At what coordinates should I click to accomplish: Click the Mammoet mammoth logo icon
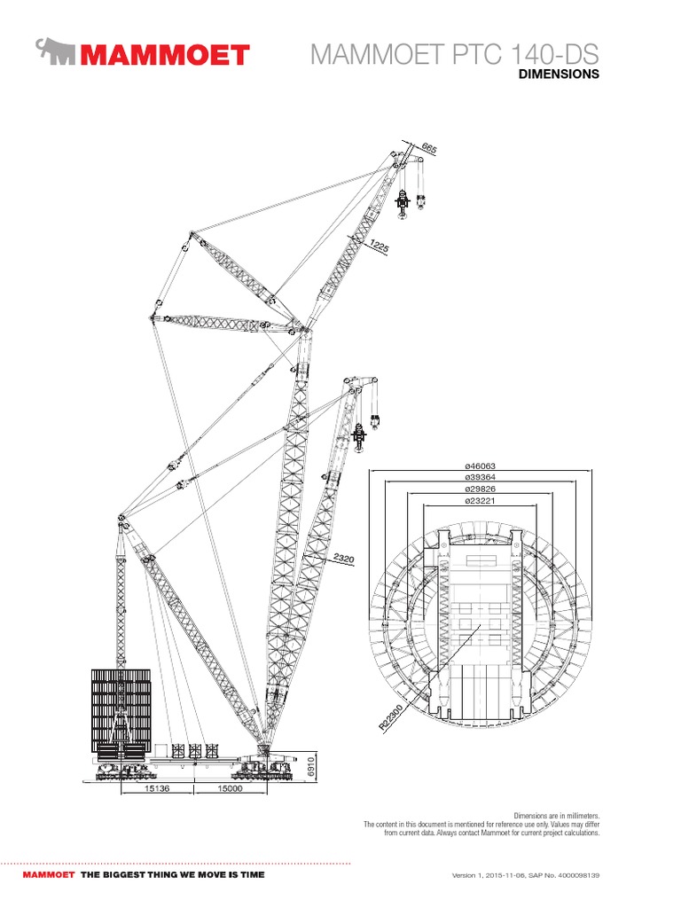point(57,52)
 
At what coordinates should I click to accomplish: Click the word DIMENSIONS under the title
point(559,75)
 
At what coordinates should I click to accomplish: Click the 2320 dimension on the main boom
point(345,560)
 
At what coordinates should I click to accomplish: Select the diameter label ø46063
point(479,466)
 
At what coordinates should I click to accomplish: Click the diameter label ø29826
point(479,489)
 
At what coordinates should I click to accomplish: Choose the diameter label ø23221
point(479,502)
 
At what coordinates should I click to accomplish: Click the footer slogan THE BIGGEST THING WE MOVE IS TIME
point(172,874)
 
